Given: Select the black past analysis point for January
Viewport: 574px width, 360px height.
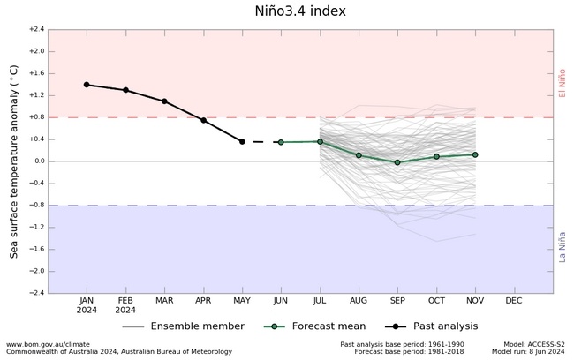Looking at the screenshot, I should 87,85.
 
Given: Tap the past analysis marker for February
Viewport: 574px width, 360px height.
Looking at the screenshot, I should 125,90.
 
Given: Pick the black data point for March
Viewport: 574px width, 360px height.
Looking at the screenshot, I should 164,101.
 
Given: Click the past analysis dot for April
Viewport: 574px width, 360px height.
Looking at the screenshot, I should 203,120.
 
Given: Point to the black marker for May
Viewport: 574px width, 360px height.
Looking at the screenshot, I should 242,141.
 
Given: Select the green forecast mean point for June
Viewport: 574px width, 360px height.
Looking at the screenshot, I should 281,142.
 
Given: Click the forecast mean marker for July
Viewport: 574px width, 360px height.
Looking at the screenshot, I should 320,141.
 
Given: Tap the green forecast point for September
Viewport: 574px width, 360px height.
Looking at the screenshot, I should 397,162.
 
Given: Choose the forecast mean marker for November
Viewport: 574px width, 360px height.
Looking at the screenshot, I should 475,154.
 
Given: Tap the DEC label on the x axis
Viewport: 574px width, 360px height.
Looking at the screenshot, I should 513,301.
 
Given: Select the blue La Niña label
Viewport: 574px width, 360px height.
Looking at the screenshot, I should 563,246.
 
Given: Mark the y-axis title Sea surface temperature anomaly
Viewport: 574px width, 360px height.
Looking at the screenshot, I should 14,161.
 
